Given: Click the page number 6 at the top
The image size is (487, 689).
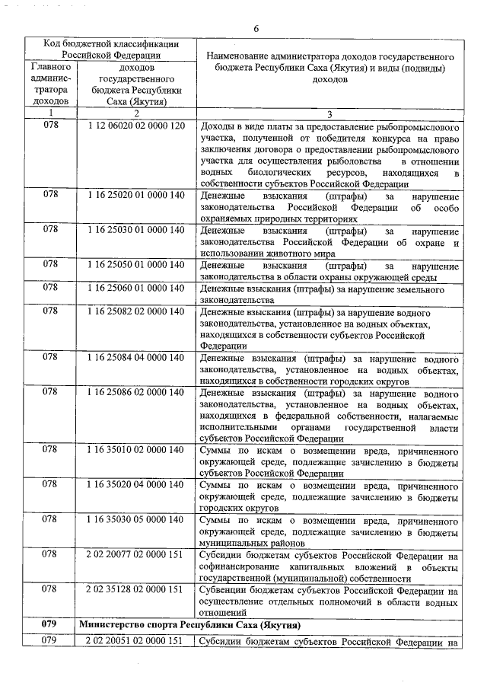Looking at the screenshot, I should [256, 28].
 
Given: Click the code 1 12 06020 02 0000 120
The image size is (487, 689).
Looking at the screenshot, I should [136, 126].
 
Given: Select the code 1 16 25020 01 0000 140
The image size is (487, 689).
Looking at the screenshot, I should [136, 195].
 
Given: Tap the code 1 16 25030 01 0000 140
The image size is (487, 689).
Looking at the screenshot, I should [136, 230].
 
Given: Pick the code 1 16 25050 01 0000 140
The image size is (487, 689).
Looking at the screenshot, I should [136, 265].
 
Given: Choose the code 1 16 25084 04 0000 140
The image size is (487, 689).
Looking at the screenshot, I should [136, 358].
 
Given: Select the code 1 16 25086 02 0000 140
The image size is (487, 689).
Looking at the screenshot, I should [136, 393].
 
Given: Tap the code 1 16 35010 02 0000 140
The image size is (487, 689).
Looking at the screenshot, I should [136, 451].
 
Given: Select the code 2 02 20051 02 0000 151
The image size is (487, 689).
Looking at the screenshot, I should [136, 641].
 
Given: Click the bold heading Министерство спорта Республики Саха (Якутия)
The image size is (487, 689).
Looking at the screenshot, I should [190, 624].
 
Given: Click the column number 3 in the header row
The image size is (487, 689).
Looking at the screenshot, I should [329, 113].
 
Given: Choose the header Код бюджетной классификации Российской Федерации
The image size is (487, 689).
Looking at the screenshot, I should [110, 48].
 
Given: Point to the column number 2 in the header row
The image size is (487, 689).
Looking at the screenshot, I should [136, 113].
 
